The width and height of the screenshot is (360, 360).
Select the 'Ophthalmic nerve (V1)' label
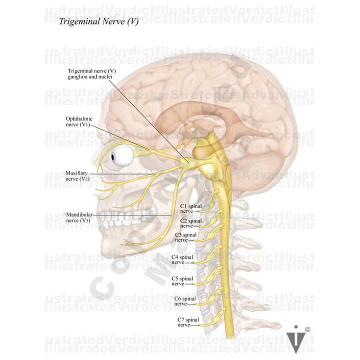(79, 121)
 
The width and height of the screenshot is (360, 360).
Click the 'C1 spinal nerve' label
(190, 208)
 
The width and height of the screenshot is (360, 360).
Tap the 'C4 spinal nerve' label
(182, 259)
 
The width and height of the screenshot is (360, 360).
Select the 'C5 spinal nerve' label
(182, 280)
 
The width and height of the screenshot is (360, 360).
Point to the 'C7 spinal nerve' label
(187, 321)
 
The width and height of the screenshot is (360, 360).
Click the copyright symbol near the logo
(307, 329)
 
